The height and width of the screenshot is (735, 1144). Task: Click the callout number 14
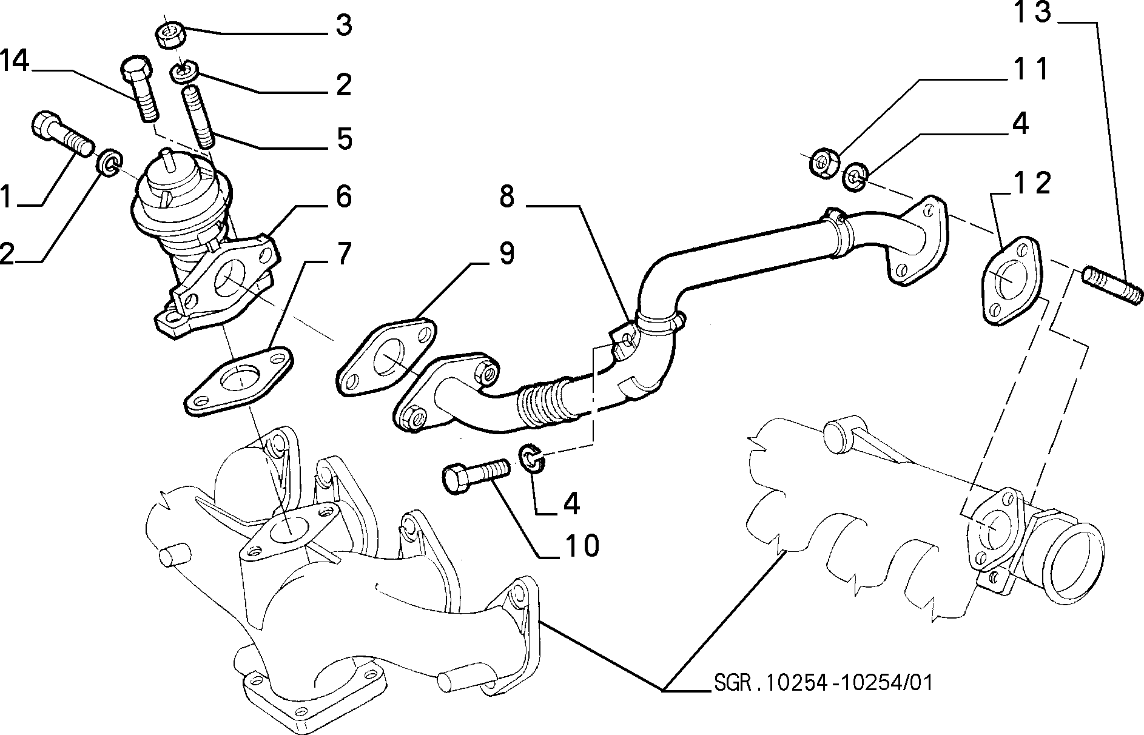click(15, 61)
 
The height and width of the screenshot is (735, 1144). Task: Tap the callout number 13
click(1034, 13)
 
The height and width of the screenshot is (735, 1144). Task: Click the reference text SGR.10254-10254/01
click(819, 683)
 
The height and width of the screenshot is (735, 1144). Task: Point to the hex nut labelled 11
click(824, 162)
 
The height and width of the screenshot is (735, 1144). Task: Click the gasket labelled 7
click(238, 380)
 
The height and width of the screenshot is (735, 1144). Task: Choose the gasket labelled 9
click(387, 357)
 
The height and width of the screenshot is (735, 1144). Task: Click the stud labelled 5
click(199, 116)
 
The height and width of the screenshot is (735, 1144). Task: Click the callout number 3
click(344, 27)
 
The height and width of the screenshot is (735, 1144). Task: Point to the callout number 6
click(343, 196)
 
